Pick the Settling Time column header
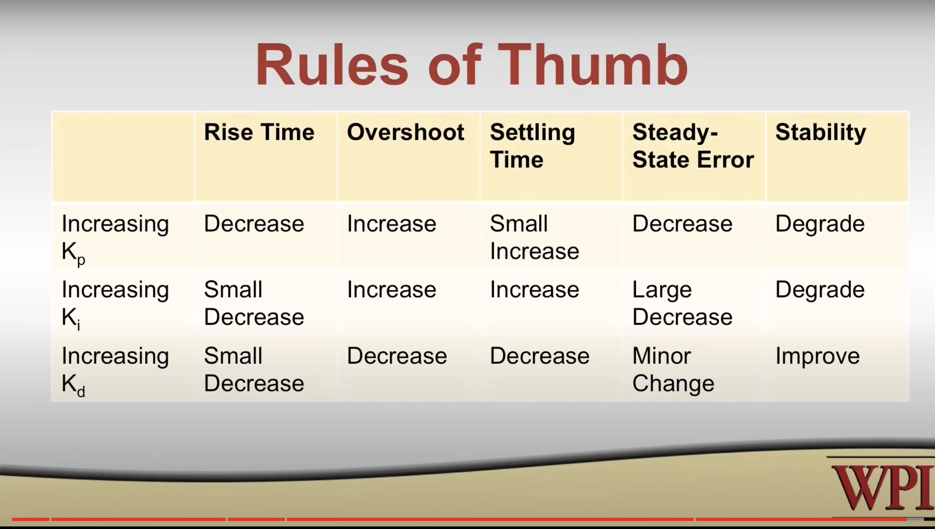click(x=532, y=145)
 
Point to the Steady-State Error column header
click(x=693, y=145)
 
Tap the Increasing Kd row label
click(x=115, y=371)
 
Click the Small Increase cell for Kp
click(x=535, y=237)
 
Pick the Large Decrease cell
click(x=682, y=303)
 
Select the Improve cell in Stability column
click(x=817, y=356)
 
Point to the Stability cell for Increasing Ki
click(x=820, y=290)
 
